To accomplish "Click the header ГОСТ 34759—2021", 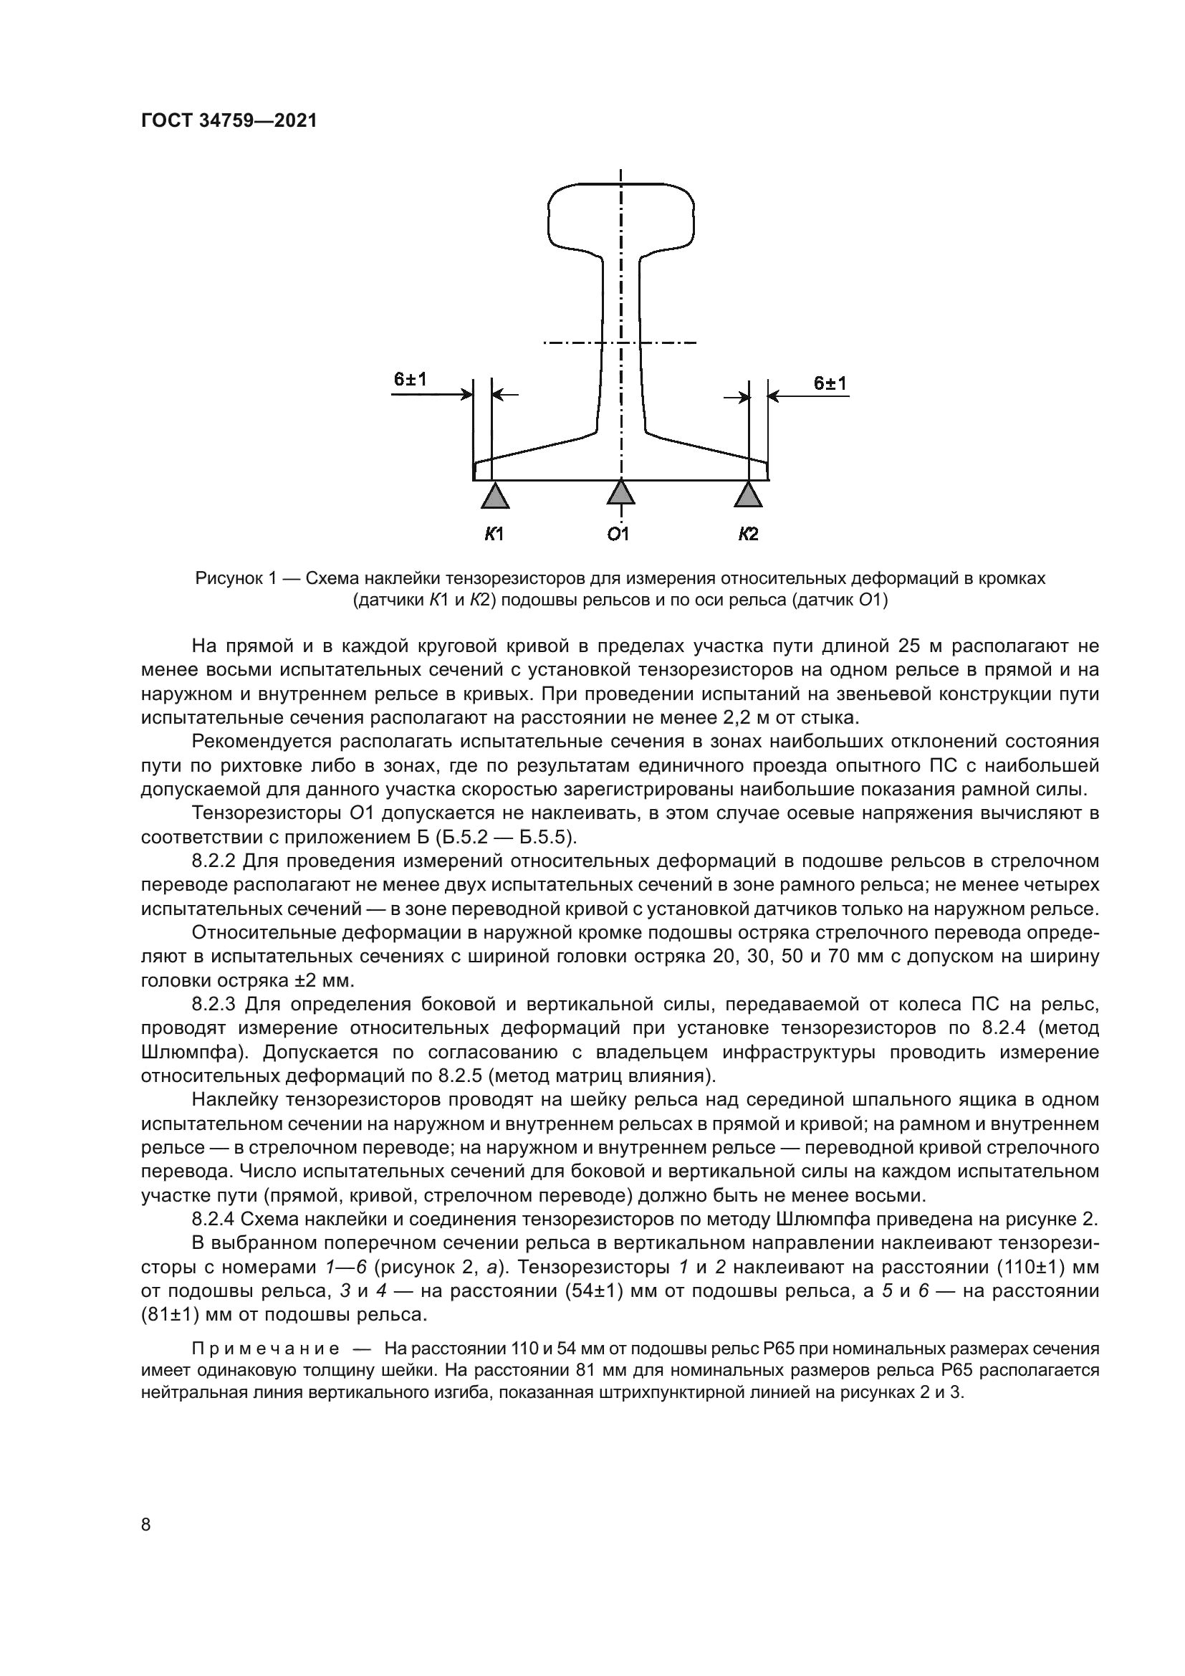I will (229, 121).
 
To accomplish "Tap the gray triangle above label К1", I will (495, 496).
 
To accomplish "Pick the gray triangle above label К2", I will (748, 496).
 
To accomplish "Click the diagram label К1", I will (494, 535).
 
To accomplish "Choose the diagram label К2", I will (748, 535).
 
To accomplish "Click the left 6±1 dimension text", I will (410, 380).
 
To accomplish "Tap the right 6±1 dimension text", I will (830, 383).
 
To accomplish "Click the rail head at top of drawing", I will (620, 216).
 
